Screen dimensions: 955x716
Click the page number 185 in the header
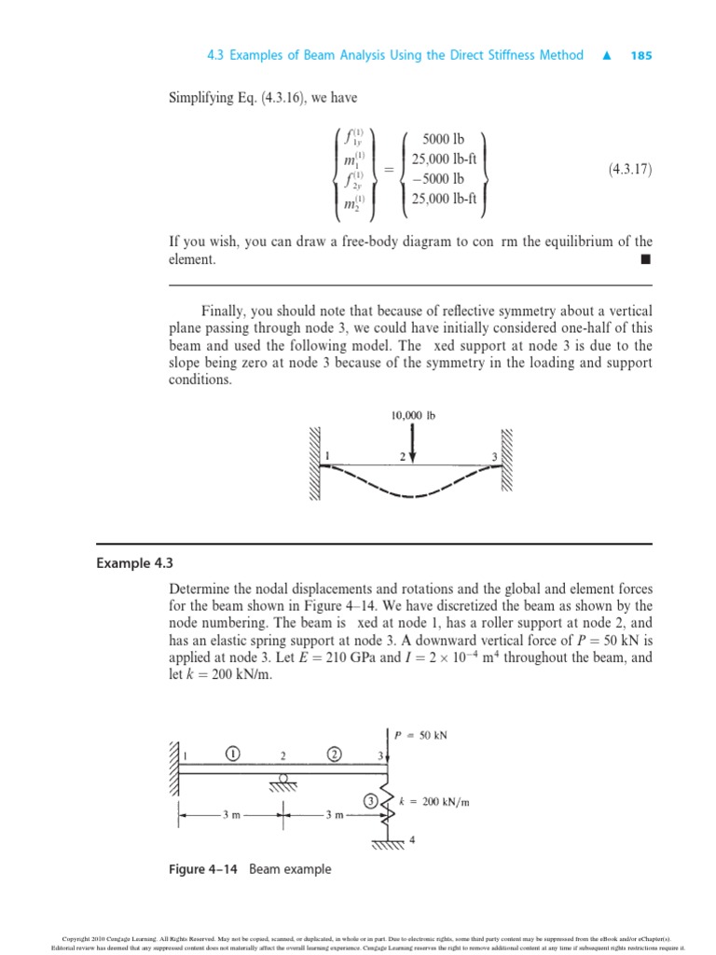(x=640, y=55)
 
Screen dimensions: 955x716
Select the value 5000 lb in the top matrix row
(x=444, y=139)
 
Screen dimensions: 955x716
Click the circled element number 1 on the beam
(x=232, y=754)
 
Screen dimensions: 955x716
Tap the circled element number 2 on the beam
(x=334, y=754)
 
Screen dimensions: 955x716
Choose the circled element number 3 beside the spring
(x=371, y=799)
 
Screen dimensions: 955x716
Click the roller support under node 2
(x=282, y=778)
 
